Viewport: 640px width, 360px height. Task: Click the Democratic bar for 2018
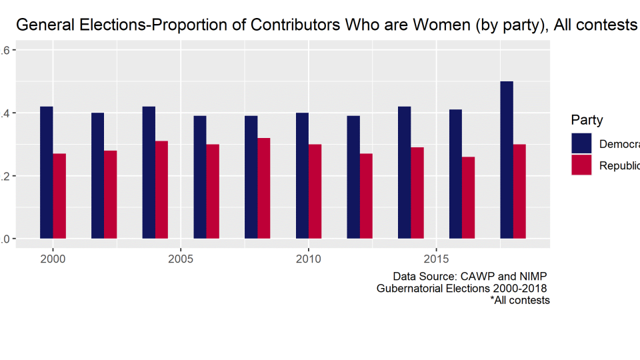507,160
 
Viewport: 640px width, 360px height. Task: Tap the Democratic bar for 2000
47,173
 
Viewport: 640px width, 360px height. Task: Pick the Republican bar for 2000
59,196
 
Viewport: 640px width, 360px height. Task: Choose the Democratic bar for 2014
405,173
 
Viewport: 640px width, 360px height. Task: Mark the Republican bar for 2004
161,189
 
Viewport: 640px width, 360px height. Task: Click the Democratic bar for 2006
200,177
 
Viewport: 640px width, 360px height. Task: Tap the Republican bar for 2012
366,196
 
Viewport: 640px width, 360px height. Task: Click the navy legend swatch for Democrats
581,143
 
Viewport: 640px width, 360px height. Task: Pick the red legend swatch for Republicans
581,165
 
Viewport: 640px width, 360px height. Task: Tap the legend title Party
587,121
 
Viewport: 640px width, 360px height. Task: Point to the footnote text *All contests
520,300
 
